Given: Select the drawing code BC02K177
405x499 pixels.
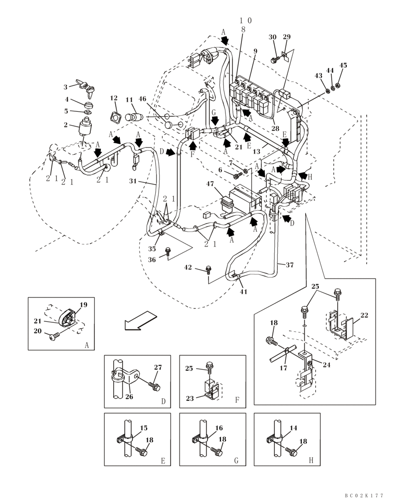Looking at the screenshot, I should click(364, 495).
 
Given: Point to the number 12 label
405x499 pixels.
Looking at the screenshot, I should click(114, 98).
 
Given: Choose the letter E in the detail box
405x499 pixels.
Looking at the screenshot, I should click(163, 461).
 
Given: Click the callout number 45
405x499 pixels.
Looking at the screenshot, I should click(343, 65).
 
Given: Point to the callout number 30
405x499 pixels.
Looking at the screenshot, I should click(272, 37).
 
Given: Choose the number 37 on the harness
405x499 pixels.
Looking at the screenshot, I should click(289, 265).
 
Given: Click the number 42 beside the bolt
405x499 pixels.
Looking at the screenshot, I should click(188, 267).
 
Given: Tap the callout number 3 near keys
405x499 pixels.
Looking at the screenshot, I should click(65, 87).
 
